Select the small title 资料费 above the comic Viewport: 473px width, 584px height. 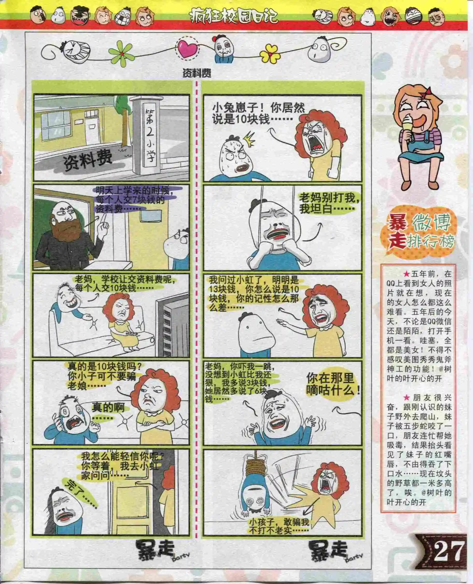tap(197, 73)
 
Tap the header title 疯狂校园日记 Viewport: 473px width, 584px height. tap(234, 16)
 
